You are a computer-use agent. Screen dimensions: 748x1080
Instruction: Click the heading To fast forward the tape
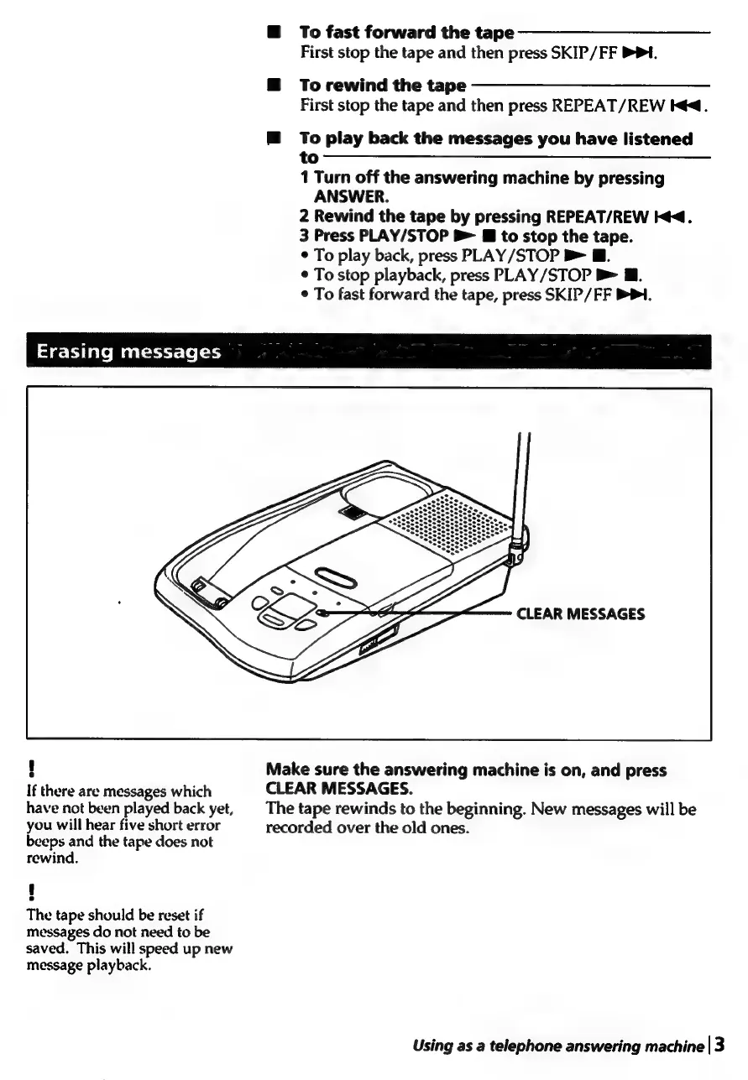click(x=406, y=33)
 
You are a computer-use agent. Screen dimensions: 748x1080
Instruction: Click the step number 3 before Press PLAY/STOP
click(x=304, y=236)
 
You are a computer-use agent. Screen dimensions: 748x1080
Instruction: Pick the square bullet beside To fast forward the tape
click(x=273, y=33)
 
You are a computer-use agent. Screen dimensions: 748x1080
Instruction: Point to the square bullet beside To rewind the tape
click(x=273, y=86)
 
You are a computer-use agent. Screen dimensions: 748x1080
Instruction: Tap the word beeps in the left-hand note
click(x=47, y=841)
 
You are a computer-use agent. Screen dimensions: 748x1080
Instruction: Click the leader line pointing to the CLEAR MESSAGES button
click(x=420, y=613)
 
